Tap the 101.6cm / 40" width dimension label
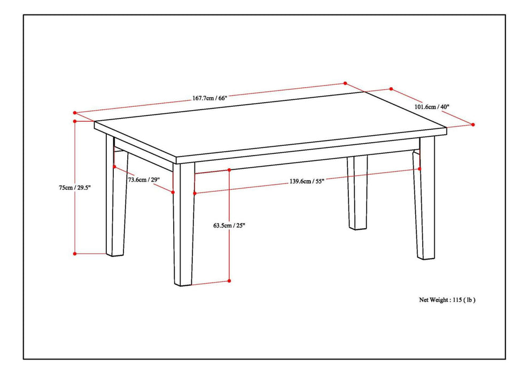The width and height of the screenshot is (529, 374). point(432,107)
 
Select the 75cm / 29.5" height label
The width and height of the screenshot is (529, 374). point(75,188)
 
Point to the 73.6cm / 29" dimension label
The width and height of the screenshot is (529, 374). point(144,180)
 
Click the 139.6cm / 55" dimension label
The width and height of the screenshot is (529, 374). point(307,181)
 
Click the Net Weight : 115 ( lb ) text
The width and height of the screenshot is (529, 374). point(447,300)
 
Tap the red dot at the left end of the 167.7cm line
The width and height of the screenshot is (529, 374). point(75,113)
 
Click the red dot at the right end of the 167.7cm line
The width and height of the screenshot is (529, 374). point(345,83)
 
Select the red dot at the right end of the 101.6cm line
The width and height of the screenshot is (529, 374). point(473,124)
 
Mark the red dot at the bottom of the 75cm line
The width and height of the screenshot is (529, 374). point(75,253)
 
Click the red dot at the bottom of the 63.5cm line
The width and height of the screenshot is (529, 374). point(229,280)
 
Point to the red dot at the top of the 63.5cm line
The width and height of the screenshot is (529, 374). point(229,170)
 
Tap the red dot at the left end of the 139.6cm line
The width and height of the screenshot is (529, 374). point(195,193)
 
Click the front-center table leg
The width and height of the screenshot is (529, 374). point(184,224)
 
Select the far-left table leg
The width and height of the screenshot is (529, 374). point(116,203)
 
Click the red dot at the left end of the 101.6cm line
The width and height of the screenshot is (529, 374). point(391,89)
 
